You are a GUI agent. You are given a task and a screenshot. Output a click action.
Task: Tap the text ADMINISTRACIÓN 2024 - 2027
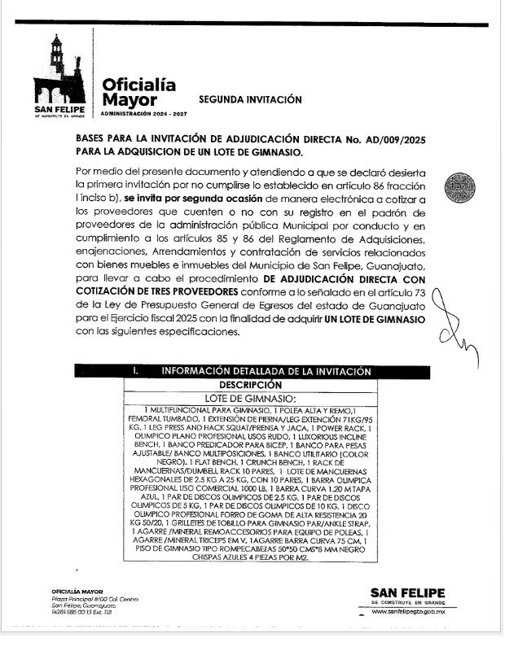pos(142,114)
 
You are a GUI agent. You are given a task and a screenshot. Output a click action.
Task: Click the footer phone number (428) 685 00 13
pos(72,613)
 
